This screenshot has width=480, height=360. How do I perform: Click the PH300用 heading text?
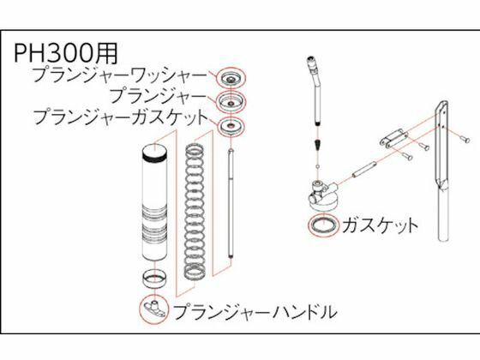point(66,53)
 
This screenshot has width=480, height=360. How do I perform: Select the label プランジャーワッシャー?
point(120,75)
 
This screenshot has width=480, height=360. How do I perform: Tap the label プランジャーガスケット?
point(120,117)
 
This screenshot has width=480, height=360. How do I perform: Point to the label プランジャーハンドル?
point(255,312)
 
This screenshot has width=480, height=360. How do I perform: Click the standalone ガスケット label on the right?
point(380,225)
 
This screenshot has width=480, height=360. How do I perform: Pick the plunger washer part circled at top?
point(231,78)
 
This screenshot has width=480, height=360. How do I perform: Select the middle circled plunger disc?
point(231,102)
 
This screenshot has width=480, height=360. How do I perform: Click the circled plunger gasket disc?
point(231,125)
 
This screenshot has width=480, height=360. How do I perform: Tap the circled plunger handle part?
point(154,309)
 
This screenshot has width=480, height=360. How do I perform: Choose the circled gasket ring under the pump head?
point(324,225)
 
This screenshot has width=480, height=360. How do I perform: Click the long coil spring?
point(195,212)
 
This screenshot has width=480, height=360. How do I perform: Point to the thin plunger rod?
point(231,204)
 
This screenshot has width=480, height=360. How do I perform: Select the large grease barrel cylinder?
point(155,202)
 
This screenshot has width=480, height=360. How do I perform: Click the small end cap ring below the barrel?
point(155,279)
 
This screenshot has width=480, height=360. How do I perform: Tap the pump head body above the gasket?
point(323,196)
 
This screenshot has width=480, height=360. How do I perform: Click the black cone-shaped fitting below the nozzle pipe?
point(318,145)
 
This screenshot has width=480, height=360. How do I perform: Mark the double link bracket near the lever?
point(393,139)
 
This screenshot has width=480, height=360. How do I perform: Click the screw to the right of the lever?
point(465,139)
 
